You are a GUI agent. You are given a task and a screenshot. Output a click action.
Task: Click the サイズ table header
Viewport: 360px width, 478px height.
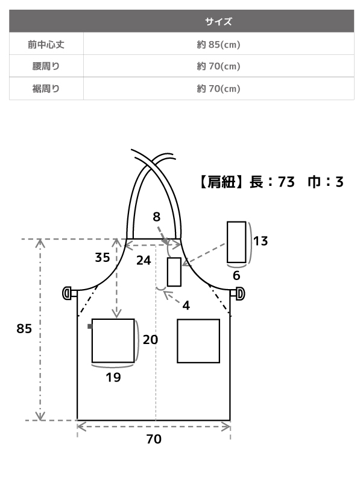tap(218, 21)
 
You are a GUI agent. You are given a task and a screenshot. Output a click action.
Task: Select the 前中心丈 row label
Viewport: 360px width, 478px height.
tap(46, 45)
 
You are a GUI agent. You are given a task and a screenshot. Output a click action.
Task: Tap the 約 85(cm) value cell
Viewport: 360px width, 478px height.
tap(218, 45)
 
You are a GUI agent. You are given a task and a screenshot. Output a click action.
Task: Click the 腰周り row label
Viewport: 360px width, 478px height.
tap(46, 66)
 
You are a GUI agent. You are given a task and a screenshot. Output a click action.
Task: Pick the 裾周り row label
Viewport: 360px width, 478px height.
tap(46, 89)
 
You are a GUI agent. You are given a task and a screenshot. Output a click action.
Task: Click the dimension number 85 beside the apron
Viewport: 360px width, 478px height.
tap(24, 328)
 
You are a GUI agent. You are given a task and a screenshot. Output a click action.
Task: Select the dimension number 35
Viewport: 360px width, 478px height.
tap(103, 258)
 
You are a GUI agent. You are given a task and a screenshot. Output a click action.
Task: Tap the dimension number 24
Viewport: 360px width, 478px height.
tap(144, 260)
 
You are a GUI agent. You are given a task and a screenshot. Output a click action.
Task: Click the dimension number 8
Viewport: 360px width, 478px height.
tap(156, 217)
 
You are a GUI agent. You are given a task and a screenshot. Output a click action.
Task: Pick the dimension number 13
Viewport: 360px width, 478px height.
tap(261, 241)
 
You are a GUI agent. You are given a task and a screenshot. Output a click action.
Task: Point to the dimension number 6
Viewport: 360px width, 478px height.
tap(236, 276)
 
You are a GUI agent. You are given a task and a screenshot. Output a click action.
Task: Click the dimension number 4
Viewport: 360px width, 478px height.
tap(186, 305)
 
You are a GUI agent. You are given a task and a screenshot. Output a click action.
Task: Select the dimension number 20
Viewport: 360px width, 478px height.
tap(151, 340)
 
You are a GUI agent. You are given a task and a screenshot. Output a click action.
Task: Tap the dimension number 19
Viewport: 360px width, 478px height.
tap(113, 377)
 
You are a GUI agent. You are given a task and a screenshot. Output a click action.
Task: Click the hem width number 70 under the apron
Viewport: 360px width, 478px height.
tap(154, 439)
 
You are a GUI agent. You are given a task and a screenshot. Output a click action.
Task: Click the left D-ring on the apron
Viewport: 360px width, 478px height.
tap(67, 293)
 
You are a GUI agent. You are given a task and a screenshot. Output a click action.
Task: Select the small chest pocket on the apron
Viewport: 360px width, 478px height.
tap(174, 272)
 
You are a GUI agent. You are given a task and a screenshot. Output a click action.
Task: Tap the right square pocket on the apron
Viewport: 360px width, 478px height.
tap(198, 341)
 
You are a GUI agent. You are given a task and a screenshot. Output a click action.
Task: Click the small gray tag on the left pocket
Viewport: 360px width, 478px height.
tap(89, 327)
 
